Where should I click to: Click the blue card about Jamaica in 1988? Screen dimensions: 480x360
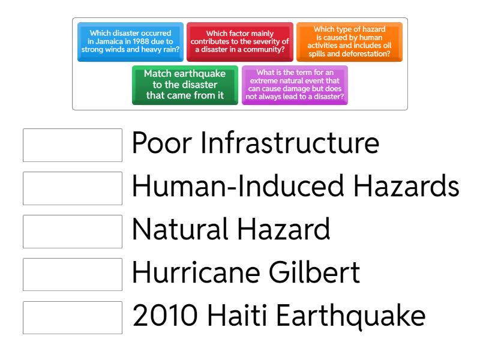130,42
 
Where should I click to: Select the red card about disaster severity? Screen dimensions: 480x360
240,42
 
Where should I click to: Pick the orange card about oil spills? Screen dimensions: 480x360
349,42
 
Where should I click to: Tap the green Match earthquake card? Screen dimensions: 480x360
185,85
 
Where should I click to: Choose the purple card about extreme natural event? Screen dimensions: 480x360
295,85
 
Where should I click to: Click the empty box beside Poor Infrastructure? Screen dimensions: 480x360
73,145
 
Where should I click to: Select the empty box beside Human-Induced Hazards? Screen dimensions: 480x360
73,188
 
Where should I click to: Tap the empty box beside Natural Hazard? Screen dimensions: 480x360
73,232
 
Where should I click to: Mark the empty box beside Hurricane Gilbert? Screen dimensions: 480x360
73,275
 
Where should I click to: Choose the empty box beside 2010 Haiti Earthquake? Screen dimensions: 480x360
73,318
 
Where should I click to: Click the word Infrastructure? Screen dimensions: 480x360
290,143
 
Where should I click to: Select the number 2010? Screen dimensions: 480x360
165,316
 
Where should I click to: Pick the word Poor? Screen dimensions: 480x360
162,143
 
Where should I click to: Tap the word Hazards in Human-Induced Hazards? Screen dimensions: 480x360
406,186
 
